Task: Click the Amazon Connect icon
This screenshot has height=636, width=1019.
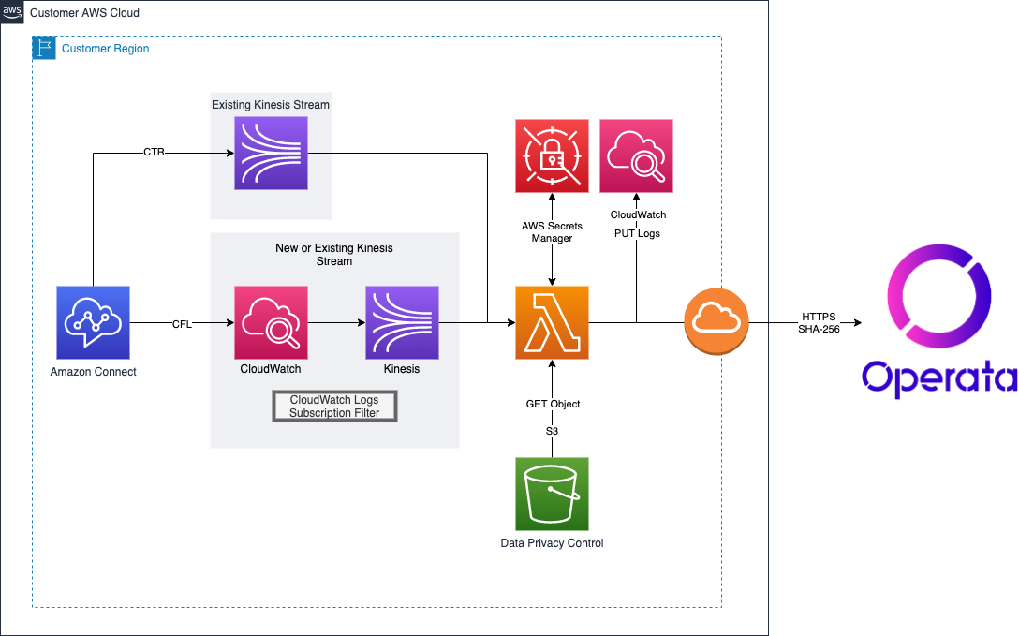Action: coord(93,323)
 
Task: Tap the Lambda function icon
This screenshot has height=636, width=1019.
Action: coord(552,323)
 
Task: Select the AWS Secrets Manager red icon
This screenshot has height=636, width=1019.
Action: coord(552,155)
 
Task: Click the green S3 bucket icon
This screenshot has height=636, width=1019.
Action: coord(552,494)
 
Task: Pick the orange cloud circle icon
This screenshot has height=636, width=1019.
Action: coord(716,323)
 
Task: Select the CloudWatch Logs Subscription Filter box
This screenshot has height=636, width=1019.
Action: coord(334,407)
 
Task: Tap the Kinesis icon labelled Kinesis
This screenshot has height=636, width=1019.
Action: coord(401,323)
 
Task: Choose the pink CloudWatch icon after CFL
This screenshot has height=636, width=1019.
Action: coord(271,323)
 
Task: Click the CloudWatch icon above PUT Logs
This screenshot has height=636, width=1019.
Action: coord(636,155)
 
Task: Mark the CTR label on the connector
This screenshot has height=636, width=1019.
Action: coord(154,152)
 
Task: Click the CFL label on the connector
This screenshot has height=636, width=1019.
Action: coord(182,324)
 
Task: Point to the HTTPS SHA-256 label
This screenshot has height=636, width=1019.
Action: coord(819,323)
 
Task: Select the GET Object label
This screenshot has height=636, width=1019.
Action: coord(553,404)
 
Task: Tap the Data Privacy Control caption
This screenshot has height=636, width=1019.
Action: coord(553,543)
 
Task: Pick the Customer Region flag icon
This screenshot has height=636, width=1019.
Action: coord(44,48)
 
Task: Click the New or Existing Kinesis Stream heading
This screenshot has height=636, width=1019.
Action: coord(334,254)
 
